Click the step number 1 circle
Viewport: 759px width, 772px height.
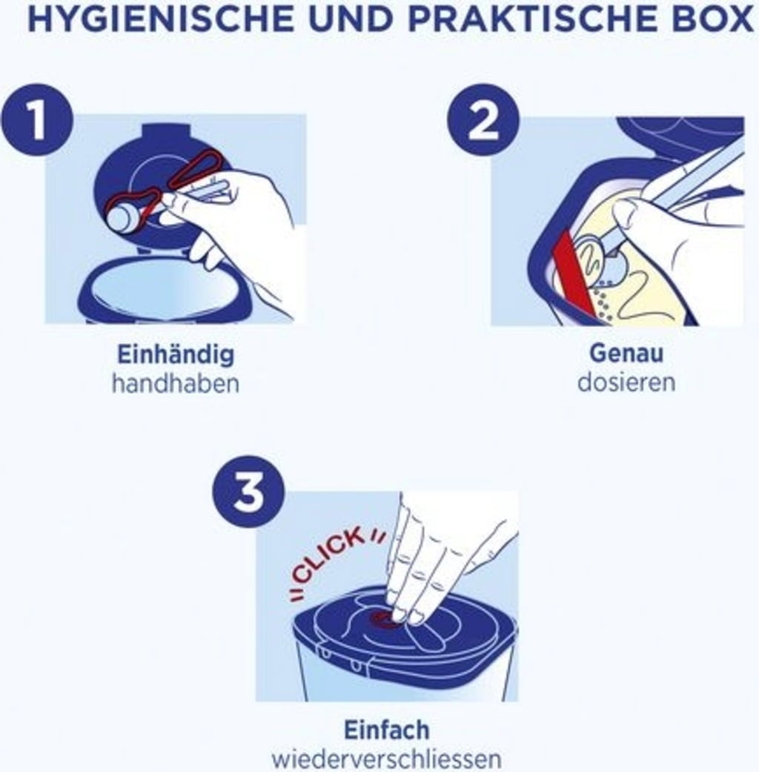point(37,120)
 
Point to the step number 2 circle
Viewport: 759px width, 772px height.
point(483,120)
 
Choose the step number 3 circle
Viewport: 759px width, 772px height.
point(248,493)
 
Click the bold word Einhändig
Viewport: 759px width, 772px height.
point(176,354)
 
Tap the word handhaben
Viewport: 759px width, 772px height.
point(176,383)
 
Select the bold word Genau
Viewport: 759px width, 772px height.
point(626,353)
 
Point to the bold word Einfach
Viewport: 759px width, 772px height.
point(386,730)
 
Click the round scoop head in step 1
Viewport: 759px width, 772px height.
point(124,218)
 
